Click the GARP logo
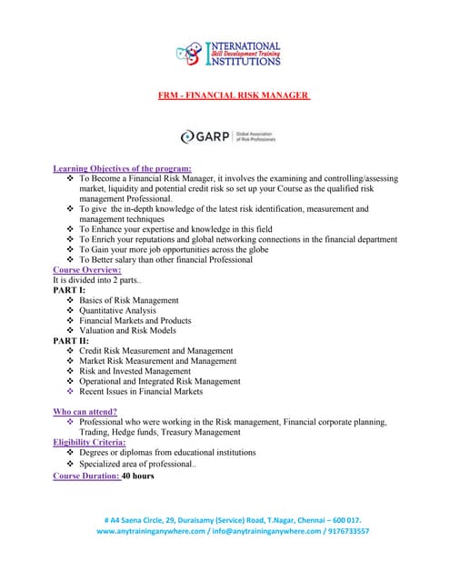[x=227, y=136]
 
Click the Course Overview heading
[x=87, y=270]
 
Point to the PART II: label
[x=72, y=340]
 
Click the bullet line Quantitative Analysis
[x=117, y=310]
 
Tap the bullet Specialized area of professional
[x=136, y=464]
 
